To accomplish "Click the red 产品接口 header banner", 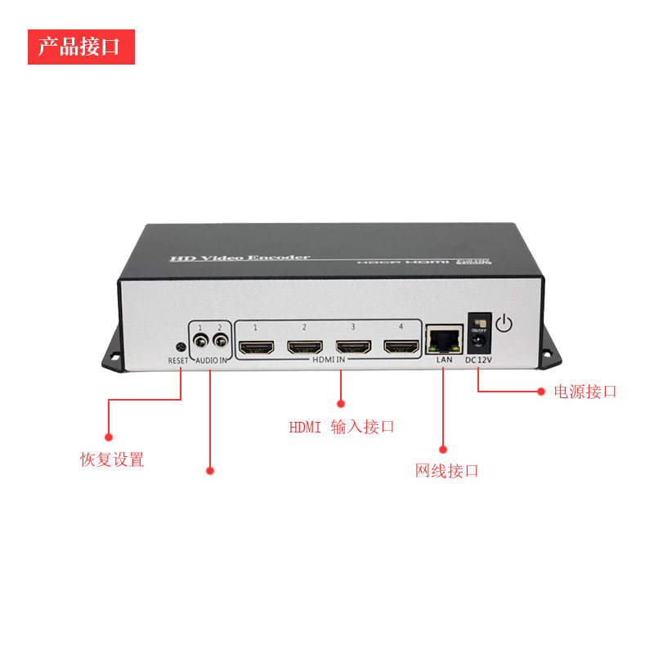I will point(81,47).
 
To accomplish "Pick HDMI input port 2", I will point(304,347).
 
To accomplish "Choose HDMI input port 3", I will point(353,347).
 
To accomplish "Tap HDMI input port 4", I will point(401,347).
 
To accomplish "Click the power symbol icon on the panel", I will point(505,324).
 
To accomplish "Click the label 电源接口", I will point(585,392).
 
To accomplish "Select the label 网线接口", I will point(447,471).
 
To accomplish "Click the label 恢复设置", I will point(112,459).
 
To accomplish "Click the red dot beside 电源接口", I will point(540,392).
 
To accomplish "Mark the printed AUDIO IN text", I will point(211,361).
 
